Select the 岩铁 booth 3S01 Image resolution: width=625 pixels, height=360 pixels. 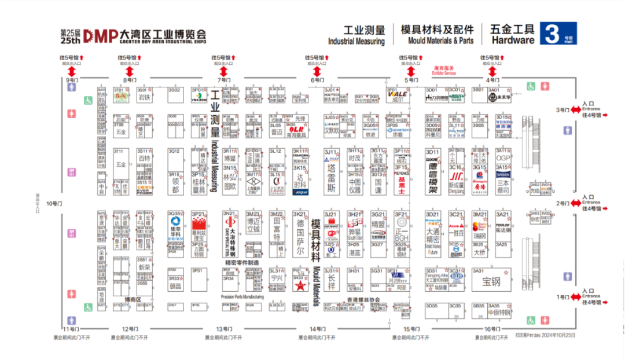point(144,97)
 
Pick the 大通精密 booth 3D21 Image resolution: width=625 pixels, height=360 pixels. point(433,235)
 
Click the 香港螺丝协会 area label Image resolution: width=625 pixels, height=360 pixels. point(363,299)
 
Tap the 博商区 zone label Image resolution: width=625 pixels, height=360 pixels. point(133,299)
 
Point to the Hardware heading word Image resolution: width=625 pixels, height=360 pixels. point(513,41)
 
